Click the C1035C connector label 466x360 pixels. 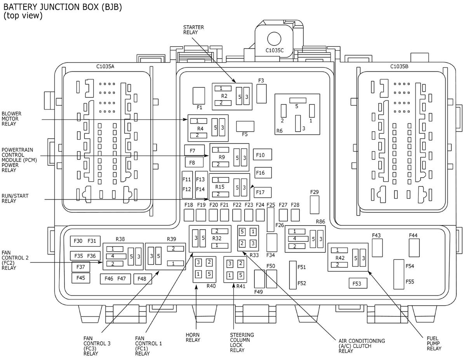[x=275, y=50]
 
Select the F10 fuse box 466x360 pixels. [x=263, y=155]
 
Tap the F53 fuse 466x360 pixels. [x=358, y=283]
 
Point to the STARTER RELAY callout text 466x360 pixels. [x=193, y=30]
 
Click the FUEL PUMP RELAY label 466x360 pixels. [x=434, y=343]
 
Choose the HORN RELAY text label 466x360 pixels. [x=193, y=337]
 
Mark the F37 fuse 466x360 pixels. [x=81, y=267]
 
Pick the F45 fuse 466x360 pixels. [x=81, y=278]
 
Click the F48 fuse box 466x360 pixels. [x=143, y=279]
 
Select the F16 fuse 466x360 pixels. [x=263, y=172]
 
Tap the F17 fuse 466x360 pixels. [x=263, y=192]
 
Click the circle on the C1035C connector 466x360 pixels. [x=274, y=39]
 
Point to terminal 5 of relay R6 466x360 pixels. [x=297, y=100]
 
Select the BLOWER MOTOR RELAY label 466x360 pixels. [x=11, y=118]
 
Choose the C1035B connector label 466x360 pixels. [x=399, y=66]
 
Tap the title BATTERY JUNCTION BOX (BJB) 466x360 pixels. [x=63, y=7]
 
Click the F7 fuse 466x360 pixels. [x=194, y=150]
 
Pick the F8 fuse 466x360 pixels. [x=194, y=162]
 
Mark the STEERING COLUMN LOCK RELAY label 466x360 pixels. [x=242, y=343]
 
